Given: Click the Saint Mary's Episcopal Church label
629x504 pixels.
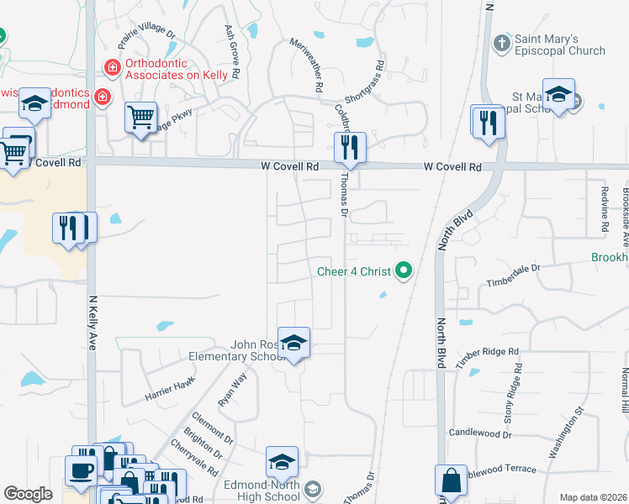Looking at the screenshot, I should [559, 45].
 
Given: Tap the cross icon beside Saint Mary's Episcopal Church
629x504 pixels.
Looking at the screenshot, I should [502, 42].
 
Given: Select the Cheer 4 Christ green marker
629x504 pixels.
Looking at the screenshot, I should [404, 270].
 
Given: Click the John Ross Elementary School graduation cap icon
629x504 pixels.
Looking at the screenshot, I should [293, 343].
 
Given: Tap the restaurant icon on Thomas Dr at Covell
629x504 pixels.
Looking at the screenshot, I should [348, 148].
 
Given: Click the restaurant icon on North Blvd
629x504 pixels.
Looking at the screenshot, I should [486, 122].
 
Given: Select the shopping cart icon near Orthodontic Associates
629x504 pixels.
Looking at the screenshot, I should [141, 117].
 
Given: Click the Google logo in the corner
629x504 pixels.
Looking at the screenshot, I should [28, 494].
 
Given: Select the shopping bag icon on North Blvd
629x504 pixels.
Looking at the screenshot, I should [451, 481].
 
